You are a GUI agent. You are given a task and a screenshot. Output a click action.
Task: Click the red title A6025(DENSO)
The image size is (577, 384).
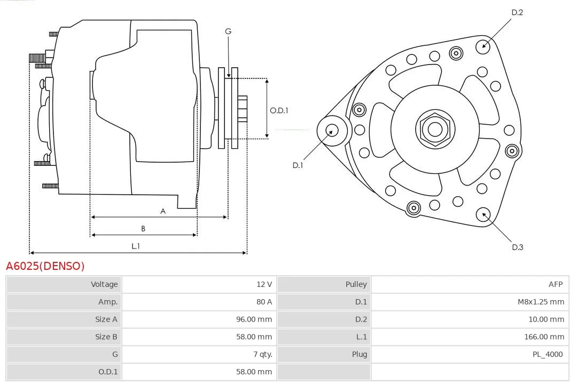pos(45,266)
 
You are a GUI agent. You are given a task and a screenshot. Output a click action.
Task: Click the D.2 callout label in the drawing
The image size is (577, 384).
pos(517,12)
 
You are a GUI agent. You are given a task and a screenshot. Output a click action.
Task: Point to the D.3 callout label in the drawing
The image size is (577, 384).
pos(517,247)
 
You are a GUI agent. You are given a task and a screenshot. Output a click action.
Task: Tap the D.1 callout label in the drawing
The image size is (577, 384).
pos(298,165)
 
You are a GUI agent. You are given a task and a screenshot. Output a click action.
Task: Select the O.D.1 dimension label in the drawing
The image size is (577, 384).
pos(279,110)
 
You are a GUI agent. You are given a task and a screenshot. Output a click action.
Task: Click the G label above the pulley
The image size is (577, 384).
pos(228,31)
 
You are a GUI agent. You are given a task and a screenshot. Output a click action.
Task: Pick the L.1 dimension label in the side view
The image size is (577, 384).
pos(136,246)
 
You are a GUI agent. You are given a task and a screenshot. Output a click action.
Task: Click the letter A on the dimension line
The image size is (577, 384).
pos(163,211)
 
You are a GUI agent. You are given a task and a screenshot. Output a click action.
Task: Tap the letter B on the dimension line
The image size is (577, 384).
pos(143,229)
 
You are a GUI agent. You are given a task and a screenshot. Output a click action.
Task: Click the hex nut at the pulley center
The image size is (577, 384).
pos(435,130)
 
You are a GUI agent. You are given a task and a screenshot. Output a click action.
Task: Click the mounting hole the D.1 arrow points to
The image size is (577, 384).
pos(332,131)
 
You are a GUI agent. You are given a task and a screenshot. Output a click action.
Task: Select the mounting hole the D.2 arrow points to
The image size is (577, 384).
pos(483,47)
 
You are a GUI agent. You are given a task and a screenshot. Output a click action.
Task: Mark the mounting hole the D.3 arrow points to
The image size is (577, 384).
pos(483,214)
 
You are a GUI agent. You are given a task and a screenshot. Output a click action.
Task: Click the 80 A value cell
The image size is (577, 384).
pos(264,302)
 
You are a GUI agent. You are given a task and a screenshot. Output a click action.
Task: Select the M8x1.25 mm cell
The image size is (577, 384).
pos(541,302)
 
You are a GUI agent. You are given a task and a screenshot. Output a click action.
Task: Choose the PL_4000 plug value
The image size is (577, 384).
pos(548,355)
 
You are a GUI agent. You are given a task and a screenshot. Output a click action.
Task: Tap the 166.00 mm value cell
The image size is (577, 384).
pos(544,337)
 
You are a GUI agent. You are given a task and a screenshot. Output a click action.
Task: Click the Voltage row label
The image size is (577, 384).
pos(104,284)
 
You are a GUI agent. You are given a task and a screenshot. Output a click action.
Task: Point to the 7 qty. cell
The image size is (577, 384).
pos(263,355)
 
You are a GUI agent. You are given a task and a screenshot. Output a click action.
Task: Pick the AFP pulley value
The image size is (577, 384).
pos(555,284)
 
